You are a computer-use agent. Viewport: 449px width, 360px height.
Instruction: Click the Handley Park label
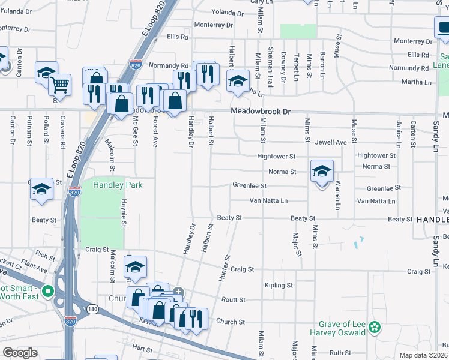tap(118, 185)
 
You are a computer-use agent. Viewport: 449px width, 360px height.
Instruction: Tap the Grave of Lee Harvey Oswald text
tap(338, 328)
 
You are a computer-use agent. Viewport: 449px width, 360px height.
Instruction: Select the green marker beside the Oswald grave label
tap(375, 327)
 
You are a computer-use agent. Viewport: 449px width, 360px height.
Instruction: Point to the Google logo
tap(20, 353)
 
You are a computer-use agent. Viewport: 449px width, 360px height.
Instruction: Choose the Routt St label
tap(234, 299)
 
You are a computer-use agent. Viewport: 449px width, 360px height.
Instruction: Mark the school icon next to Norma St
tap(322, 172)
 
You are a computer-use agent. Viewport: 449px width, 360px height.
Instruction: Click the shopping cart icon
tap(60, 85)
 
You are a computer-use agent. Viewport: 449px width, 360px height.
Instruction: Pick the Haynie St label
tap(124, 213)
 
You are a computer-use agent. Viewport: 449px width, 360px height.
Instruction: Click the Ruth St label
tap(340, 353)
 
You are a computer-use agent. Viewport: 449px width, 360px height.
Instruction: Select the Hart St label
tap(143, 348)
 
